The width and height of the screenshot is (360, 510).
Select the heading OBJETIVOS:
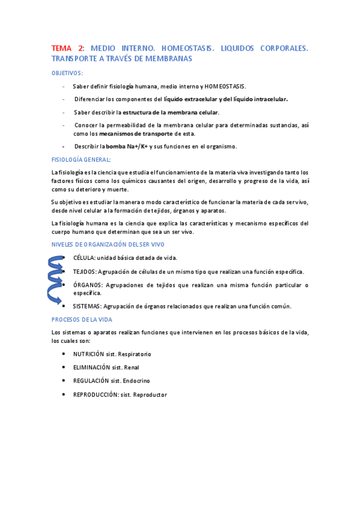point(67,73)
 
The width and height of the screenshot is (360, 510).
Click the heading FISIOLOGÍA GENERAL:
point(81,159)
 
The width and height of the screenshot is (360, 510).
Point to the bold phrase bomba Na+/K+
point(127,146)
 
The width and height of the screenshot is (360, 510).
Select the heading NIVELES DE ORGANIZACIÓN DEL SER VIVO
point(108,244)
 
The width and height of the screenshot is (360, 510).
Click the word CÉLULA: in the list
point(84,257)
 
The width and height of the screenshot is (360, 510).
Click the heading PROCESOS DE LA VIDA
point(82,319)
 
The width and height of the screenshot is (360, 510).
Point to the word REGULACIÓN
point(91,381)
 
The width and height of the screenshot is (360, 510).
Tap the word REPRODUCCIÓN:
point(96,395)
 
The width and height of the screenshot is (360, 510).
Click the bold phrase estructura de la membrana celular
point(167,112)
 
